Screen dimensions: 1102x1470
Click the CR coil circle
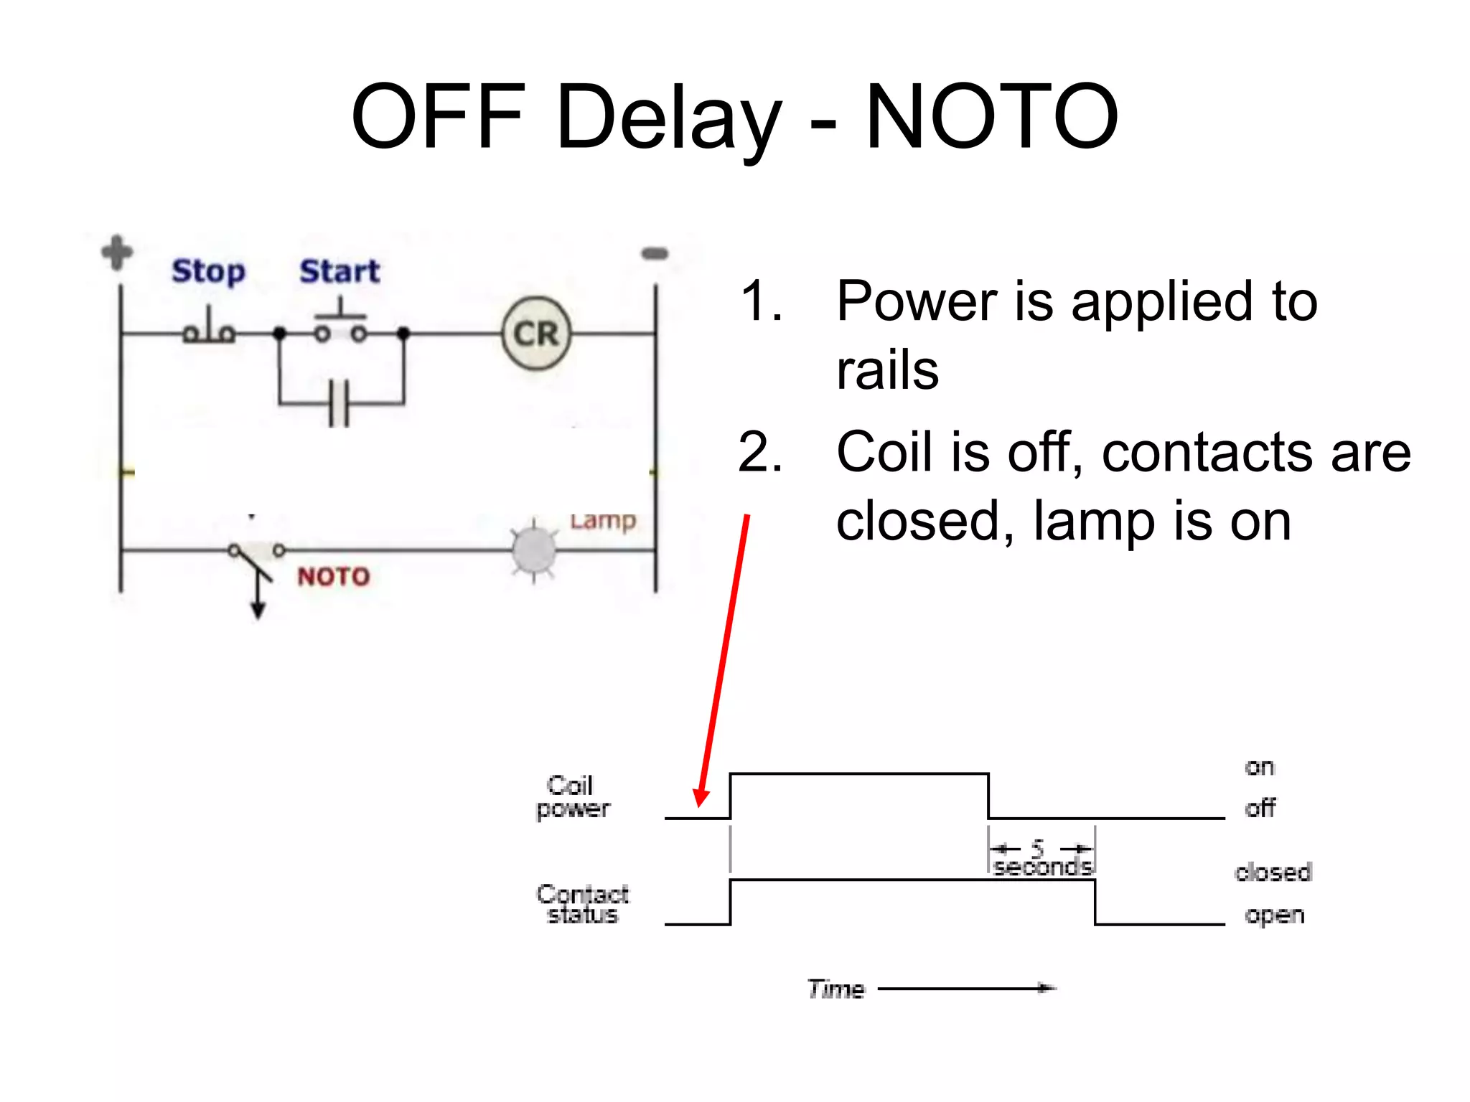point(536,334)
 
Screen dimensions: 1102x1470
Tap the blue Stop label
point(208,271)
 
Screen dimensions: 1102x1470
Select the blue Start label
point(340,271)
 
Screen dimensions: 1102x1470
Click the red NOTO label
point(334,577)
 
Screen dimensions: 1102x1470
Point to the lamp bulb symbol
point(533,550)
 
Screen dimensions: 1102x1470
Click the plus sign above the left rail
point(117,253)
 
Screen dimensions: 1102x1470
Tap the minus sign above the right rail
point(655,253)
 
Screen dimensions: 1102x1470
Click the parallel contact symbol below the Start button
point(339,404)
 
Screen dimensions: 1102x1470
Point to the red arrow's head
point(701,797)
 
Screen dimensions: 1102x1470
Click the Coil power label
point(572,797)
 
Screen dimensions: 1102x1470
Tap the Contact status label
point(582,904)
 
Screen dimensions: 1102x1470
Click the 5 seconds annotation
point(1041,860)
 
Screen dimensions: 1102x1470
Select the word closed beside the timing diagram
point(1273,872)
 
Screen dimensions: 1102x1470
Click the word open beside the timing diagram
point(1274,916)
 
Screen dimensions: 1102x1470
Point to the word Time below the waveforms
point(836,989)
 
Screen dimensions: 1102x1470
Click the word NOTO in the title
point(991,116)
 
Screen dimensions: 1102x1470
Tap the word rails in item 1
point(887,371)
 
